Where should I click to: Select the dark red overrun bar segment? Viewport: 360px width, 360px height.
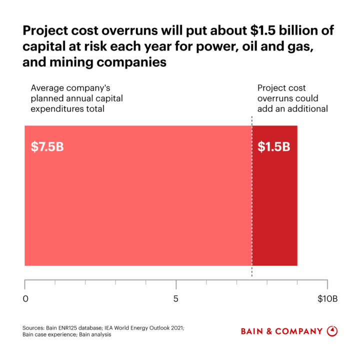click(274, 210)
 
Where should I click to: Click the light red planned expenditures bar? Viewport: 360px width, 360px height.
click(137, 210)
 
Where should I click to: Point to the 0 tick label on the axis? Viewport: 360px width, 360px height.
click(25, 299)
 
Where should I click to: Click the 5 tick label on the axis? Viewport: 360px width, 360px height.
click(176, 299)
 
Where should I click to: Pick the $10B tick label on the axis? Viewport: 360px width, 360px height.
click(327, 299)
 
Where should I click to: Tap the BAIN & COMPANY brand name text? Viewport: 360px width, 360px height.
click(281, 331)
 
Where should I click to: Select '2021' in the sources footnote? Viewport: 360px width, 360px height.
click(175, 327)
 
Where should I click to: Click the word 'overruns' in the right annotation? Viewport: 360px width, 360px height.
click(273, 98)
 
